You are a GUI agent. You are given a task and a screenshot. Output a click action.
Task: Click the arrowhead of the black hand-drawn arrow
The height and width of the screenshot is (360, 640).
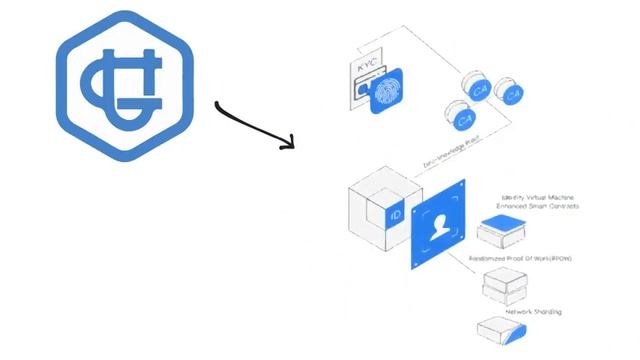point(289,143)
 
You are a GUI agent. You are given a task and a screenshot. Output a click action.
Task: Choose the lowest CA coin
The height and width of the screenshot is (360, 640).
point(463,119)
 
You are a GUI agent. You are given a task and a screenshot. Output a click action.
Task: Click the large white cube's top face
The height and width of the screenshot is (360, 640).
point(377,191)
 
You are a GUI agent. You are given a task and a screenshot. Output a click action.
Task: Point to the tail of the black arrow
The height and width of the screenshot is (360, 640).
point(218,102)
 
